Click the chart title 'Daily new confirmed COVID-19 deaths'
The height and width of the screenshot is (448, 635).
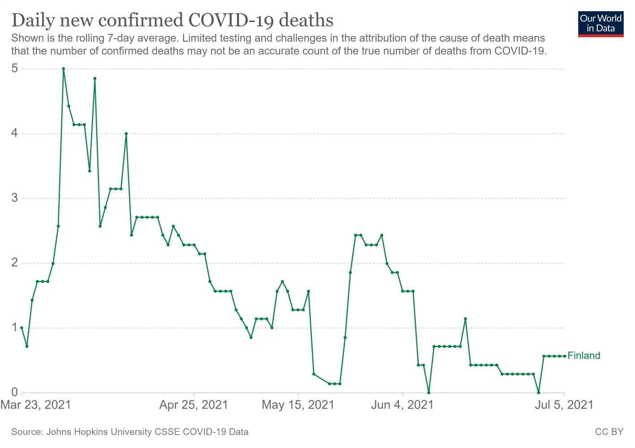tap(172, 21)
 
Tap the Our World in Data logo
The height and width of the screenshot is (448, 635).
tap(600, 24)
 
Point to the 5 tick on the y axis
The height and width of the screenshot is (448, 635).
tap(15, 69)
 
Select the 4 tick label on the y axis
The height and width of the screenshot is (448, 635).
tap(15, 134)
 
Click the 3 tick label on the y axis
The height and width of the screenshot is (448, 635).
tap(15, 198)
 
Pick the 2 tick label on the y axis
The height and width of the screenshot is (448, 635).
tap(15, 263)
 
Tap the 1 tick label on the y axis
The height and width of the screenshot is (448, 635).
tap(15, 328)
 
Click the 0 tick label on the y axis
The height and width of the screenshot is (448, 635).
tap(15, 392)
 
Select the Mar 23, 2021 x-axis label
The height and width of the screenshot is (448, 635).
tap(36, 405)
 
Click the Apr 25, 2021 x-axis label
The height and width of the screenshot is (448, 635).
tap(194, 405)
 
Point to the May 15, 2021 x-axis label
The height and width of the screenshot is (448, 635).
tap(298, 405)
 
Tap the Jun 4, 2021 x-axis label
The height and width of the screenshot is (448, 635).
tap(402, 405)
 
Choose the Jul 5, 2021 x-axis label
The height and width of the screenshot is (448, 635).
tap(564, 405)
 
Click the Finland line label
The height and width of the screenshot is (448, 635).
tap(583, 356)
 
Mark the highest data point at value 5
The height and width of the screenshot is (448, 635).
tap(63, 69)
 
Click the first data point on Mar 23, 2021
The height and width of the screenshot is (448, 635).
tap(22, 328)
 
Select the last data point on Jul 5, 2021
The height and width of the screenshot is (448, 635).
tap(564, 356)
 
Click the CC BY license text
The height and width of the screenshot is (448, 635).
tap(609, 432)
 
